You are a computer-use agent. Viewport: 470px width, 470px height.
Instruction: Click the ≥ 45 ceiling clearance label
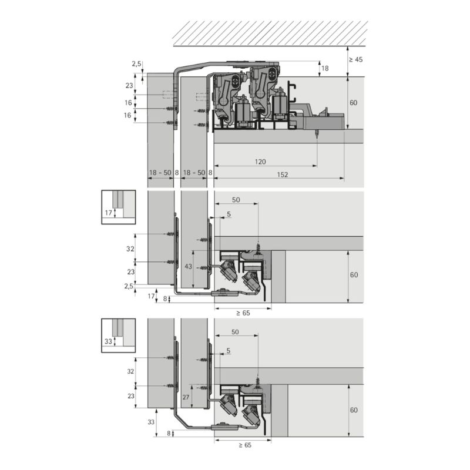point(356,59)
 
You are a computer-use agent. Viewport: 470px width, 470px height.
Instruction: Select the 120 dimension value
point(260,162)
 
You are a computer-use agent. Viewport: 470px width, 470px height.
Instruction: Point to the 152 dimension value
point(283,174)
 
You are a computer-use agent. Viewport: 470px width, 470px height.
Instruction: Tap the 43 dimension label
point(188,266)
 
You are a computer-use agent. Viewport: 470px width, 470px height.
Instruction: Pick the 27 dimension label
point(186,397)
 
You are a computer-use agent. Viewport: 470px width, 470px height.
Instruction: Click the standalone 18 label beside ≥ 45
point(325,68)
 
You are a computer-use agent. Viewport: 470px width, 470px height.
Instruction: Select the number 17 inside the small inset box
point(109,213)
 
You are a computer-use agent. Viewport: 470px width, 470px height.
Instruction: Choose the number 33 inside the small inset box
point(108,341)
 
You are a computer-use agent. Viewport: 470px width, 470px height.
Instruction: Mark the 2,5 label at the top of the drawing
point(136,63)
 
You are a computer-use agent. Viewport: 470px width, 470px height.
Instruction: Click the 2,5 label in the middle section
point(129,286)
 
